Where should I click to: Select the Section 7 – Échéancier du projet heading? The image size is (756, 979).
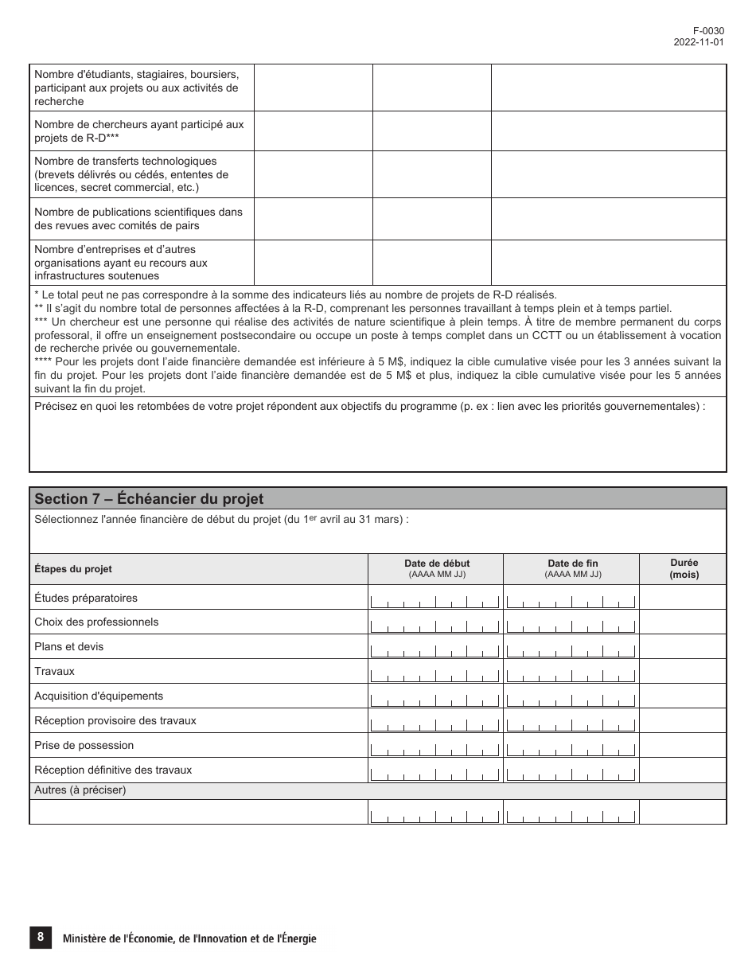pos(149,499)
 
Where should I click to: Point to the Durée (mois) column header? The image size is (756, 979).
pos(684,568)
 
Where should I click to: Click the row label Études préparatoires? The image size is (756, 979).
pos(86,598)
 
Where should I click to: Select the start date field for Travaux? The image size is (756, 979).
pos(435,672)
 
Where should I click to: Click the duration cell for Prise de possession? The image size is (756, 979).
pos(683,746)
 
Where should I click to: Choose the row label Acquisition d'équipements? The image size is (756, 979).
pos(99,696)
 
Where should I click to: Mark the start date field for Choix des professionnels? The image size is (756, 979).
pos(435,622)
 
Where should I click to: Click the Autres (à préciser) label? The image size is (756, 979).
pos(80,790)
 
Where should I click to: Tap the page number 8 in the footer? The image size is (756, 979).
pos(40,938)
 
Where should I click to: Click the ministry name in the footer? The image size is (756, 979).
pos(189,939)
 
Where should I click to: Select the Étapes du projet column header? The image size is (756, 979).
pos(73,569)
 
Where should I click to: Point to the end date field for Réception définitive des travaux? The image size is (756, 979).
pos(571,770)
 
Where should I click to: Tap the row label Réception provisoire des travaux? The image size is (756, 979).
pos(115,721)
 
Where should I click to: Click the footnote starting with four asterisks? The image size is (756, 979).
pos(378,375)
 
